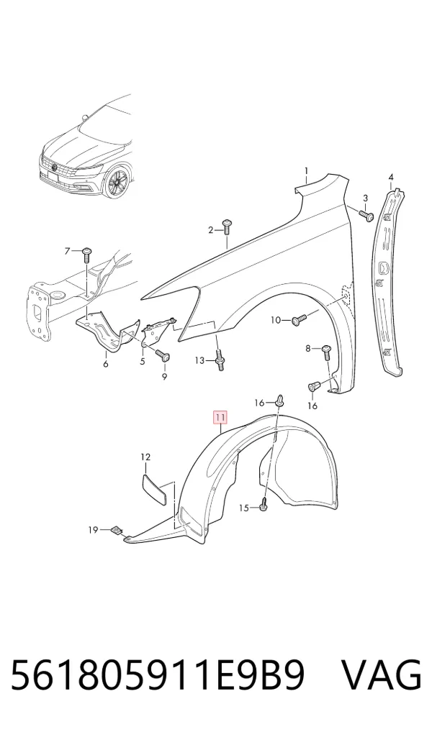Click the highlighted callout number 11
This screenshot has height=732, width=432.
click(x=220, y=416)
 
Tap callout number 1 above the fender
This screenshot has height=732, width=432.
click(x=307, y=171)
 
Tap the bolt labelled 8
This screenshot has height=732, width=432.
click(x=326, y=352)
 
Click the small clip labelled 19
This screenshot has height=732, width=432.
click(x=117, y=531)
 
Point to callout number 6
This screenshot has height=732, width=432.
click(x=106, y=364)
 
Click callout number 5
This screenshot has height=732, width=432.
click(x=142, y=362)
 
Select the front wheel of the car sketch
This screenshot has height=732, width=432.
click(x=115, y=183)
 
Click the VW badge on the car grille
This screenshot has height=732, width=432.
click(x=55, y=168)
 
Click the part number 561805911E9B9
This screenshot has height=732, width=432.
click(x=158, y=675)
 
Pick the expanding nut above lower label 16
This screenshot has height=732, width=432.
click(x=314, y=388)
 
